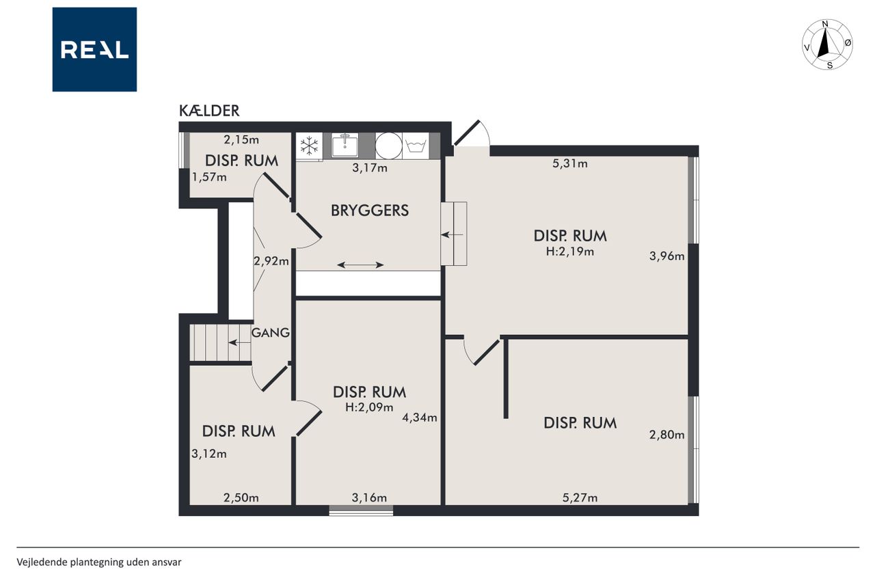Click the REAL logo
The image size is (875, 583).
94,50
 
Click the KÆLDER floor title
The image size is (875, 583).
209,111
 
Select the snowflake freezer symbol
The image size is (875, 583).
310,146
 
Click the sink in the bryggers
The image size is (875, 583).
345,146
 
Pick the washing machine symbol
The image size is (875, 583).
416,146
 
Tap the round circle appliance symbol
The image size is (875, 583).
389,146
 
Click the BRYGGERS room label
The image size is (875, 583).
370,211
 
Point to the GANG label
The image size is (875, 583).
270,333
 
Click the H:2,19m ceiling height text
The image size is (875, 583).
570,252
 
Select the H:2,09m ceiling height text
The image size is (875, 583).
369,407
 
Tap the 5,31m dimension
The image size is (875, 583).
570,163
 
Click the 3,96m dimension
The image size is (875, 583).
667,256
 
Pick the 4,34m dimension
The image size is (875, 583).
420,418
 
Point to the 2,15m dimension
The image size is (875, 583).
241,139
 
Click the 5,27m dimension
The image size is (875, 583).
580,498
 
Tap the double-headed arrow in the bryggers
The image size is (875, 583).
360,265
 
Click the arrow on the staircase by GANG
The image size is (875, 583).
239,343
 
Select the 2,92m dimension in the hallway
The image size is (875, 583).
271,261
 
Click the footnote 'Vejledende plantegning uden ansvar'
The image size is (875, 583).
99,562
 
